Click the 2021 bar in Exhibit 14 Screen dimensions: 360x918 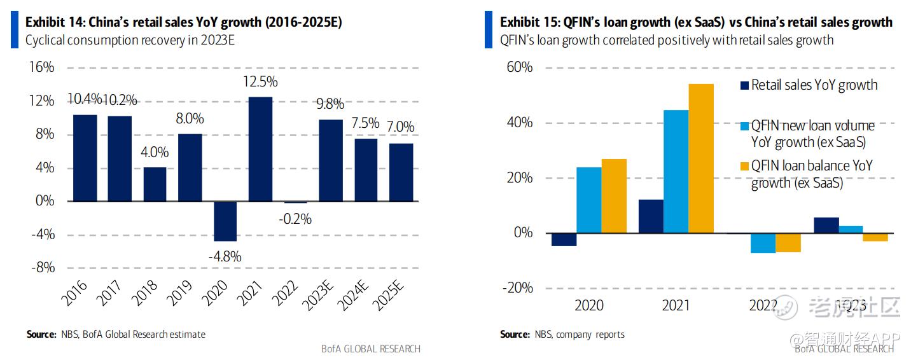tap(260, 149)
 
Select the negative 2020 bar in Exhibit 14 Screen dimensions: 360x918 tap(225, 221)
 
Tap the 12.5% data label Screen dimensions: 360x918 tap(260, 82)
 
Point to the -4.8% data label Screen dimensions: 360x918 tap(225, 257)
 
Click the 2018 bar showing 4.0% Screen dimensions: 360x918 tap(155, 184)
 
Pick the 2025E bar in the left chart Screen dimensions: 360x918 tap(401, 172)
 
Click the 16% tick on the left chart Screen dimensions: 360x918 tap(42, 67)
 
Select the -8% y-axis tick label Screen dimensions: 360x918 tap(42, 268)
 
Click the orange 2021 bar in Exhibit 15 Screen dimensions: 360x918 tap(701, 158)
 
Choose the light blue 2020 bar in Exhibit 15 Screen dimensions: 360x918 tap(589, 200)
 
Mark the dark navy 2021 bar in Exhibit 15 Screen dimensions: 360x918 tap(651, 216)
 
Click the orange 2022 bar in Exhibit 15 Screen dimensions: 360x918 tap(788, 242)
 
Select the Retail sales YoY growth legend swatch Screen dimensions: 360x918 tap(744, 85)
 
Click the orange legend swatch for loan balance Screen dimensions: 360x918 tap(744, 167)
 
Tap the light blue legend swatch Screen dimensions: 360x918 tap(744, 126)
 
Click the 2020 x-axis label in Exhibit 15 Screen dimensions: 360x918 tap(589, 306)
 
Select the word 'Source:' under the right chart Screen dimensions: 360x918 tap(515, 335)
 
